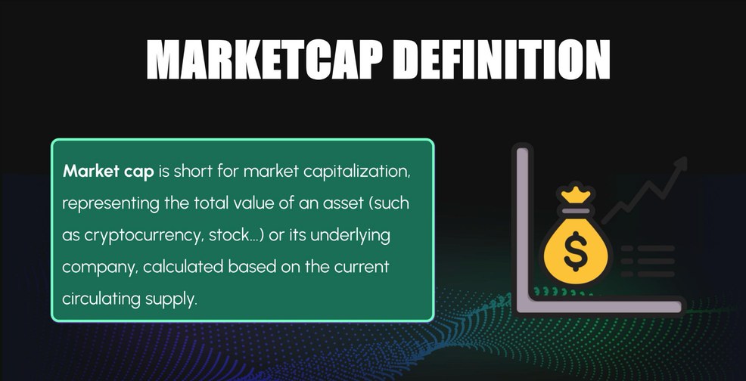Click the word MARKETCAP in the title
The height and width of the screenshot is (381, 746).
[x=264, y=60]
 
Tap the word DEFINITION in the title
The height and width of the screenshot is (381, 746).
[x=502, y=60]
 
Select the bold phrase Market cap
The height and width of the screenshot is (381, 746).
[x=108, y=172]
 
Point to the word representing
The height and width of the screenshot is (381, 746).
[x=111, y=204]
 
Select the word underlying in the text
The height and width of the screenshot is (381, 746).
[x=350, y=236]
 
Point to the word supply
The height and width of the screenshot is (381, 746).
[x=171, y=300]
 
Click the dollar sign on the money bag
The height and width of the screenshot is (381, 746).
[x=575, y=251]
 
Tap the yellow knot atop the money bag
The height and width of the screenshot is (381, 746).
[x=576, y=194]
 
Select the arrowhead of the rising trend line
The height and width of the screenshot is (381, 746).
[x=681, y=163]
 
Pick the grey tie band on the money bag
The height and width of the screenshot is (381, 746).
[x=576, y=210]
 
